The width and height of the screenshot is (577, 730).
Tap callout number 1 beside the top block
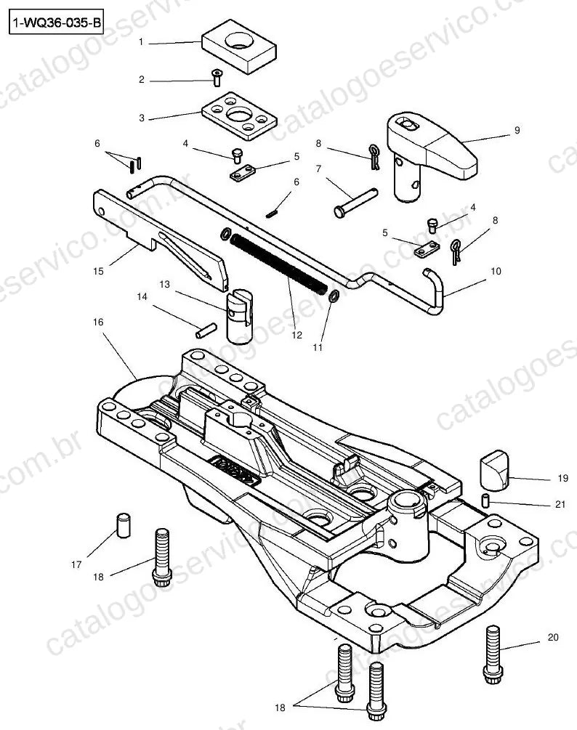[141, 42]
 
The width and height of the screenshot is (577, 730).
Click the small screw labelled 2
[217, 77]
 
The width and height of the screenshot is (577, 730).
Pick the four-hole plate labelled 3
[239, 115]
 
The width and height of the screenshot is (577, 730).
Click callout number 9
[517, 130]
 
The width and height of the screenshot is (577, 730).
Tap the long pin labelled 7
[355, 203]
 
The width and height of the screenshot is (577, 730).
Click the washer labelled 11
[334, 296]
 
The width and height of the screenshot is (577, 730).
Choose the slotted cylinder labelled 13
[239, 316]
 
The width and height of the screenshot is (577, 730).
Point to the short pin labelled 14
[206, 330]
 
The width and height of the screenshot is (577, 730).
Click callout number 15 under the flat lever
[98, 271]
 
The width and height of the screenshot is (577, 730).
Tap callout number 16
[98, 323]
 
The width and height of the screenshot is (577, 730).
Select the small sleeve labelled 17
[123, 525]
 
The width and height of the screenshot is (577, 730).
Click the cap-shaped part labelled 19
[494, 470]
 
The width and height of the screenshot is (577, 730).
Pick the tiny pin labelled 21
[485, 501]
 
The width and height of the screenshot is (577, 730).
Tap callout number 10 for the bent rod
[496, 271]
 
